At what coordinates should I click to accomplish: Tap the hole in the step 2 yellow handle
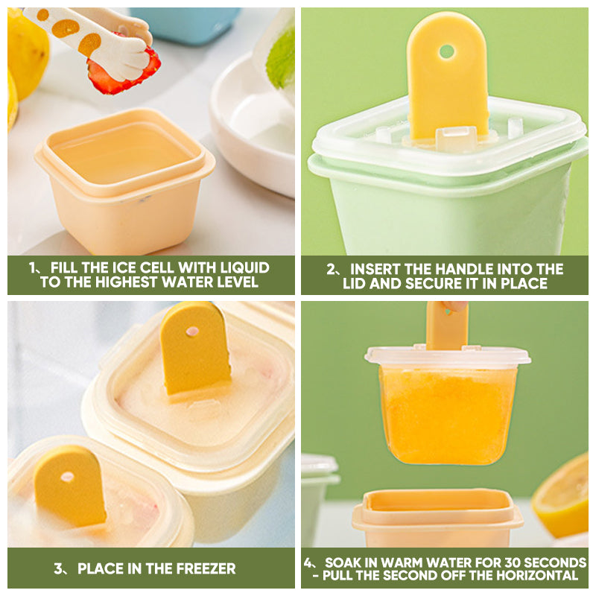tap(446, 51)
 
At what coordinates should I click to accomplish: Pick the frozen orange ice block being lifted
tap(447, 414)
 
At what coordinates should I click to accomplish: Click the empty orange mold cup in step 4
tap(437, 518)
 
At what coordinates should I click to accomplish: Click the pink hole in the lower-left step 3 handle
tap(68, 477)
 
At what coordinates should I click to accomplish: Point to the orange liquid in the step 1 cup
tap(122, 153)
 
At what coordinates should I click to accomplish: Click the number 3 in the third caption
tap(58, 568)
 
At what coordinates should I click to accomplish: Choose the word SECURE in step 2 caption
tap(428, 284)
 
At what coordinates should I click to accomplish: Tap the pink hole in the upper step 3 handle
tap(192, 332)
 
